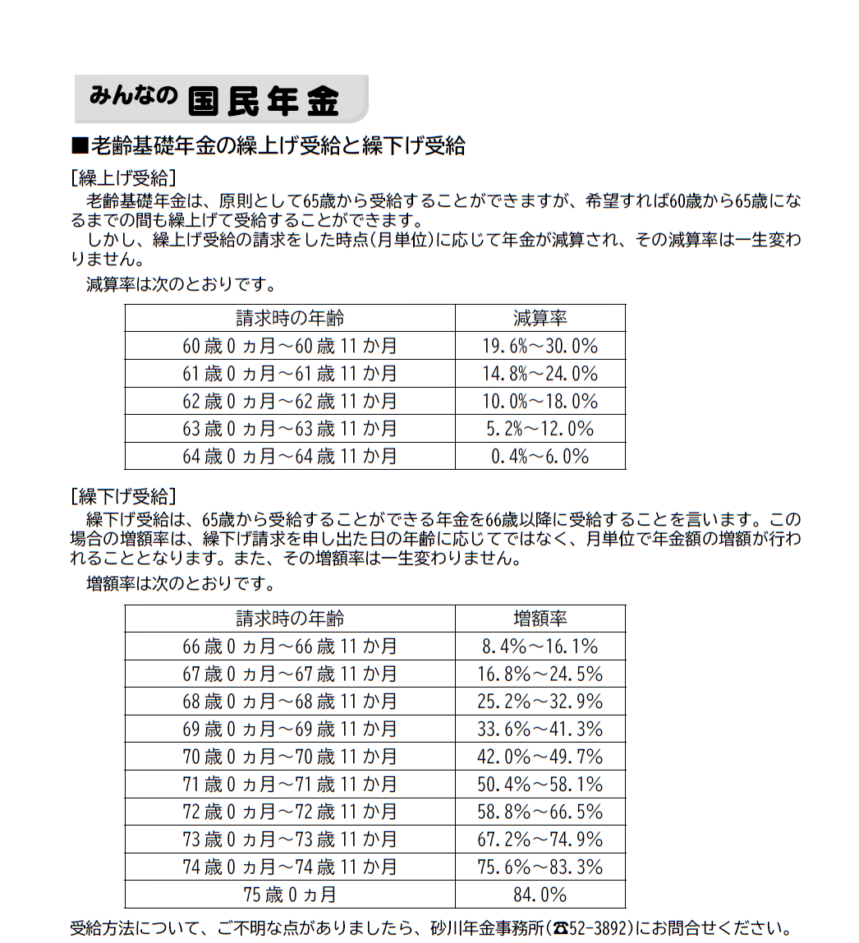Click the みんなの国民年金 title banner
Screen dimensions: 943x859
[220, 99]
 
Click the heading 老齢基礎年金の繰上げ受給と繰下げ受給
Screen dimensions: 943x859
[269, 146]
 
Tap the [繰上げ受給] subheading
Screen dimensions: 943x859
[123, 178]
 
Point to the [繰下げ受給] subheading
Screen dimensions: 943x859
[123, 496]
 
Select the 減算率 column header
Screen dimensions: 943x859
[540, 319]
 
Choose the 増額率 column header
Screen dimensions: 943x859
[540, 619]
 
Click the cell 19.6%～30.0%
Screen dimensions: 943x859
[540, 346]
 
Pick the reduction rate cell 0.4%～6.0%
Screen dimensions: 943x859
[540, 456]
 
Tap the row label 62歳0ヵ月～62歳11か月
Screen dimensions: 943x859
[289, 401]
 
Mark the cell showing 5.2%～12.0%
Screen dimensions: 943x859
[540, 429]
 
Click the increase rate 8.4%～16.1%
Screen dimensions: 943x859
[540, 646]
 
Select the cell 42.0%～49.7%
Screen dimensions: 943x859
[540, 757]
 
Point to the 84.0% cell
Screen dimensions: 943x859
[540, 895]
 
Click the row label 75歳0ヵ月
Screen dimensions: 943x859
[289, 895]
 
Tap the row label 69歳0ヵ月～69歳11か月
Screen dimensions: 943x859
[289, 729]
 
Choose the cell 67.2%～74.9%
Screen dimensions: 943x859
[540, 839]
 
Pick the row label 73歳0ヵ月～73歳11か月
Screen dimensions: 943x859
[289, 839]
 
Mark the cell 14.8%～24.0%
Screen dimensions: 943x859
[540, 374]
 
